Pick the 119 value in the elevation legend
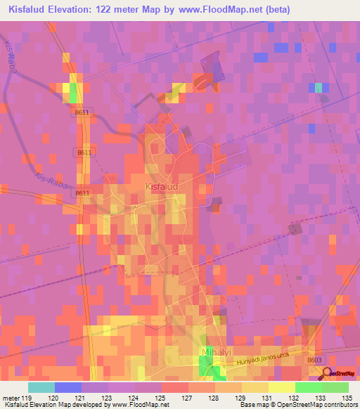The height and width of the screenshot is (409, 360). (26, 398)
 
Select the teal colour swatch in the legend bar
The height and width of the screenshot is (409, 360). (41, 387)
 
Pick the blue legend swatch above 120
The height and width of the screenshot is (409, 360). (68, 387)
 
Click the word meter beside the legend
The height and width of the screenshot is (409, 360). (9, 398)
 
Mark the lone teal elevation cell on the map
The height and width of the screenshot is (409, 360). (319, 87)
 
